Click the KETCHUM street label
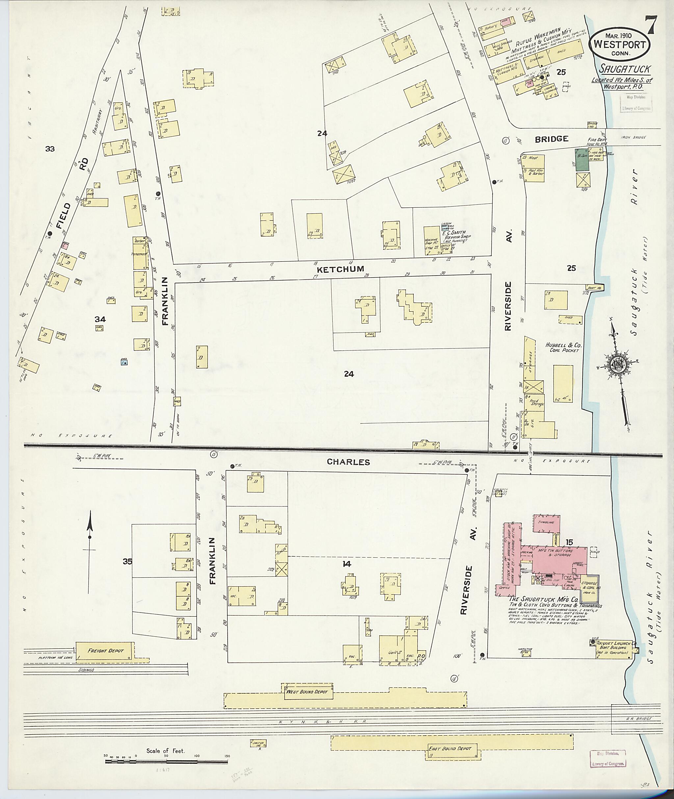tap(340, 269)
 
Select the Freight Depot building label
tap(105, 650)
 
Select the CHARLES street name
tap(348, 462)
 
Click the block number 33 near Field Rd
tap(50, 149)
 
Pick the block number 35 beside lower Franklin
tap(128, 561)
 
